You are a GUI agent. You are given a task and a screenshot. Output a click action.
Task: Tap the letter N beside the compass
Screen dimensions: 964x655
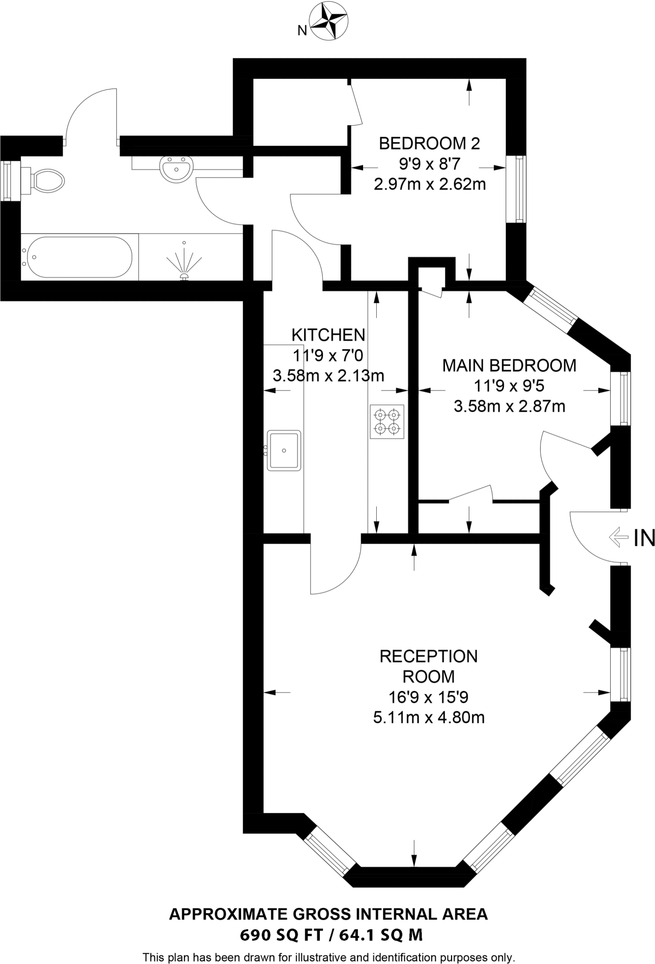pyautogui.click(x=302, y=31)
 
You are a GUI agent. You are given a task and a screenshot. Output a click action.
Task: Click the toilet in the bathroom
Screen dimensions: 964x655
pyautogui.click(x=46, y=180)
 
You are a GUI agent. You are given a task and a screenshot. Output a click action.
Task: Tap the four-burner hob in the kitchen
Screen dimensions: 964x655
pyautogui.click(x=387, y=422)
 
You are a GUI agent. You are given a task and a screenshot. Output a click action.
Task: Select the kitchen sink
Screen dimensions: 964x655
pyautogui.click(x=283, y=450)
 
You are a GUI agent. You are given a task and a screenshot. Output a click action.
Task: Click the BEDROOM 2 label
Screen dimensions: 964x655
pyautogui.click(x=429, y=143)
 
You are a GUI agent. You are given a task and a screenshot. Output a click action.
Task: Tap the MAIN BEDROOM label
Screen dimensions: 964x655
pyautogui.click(x=509, y=366)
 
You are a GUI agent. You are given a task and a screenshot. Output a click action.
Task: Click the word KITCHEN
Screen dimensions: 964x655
pyautogui.click(x=328, y=335)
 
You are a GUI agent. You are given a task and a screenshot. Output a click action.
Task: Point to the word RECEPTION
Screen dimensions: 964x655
pyautogui.click(x=429, y=656)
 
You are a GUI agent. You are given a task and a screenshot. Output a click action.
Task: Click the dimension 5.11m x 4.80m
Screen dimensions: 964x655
pyautogui.click(x=429, y=717)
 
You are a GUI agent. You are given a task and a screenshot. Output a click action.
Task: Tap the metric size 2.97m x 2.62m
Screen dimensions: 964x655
pyautogui.click(x=429, y=184)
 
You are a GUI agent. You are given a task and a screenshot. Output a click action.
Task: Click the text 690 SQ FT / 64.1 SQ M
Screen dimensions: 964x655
pyautogui.click(x=331, y=934)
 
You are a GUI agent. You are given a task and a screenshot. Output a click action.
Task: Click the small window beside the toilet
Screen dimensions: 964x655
pyautogui.click(x=7, y=181)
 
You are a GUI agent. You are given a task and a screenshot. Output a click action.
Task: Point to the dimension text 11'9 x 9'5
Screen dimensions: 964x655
pyautogui.click(x=509, y=386)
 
